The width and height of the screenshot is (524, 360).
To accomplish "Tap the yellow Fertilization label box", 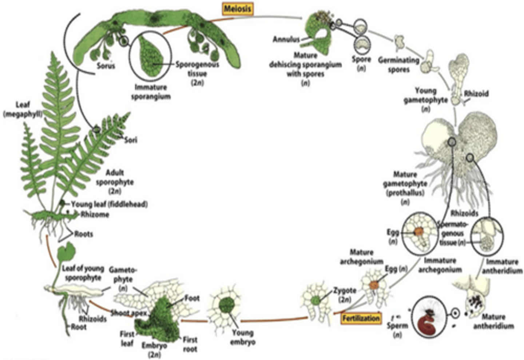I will [x=361, y=318].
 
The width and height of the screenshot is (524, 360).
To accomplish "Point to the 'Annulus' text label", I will [x=286, y=39].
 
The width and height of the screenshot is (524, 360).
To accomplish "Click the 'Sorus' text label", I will [x=106, y=66].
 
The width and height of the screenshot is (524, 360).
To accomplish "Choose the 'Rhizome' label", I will [x=95, y=214].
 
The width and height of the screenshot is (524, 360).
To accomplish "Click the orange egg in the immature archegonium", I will [x=418, y=231].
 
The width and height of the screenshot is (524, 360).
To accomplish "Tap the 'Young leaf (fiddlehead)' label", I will [x=109, y=204].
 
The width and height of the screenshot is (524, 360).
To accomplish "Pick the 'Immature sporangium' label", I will [x=151, y=92].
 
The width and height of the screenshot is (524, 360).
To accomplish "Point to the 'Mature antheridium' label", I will [x=493, y=321].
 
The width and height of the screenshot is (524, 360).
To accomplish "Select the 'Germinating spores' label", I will [x=399, y=64].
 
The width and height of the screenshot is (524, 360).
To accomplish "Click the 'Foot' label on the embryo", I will [x=192, y=298].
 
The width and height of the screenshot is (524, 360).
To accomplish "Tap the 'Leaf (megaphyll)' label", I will [x=23, y=109].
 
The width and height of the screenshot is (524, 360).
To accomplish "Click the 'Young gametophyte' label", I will [x=426, y=99].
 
